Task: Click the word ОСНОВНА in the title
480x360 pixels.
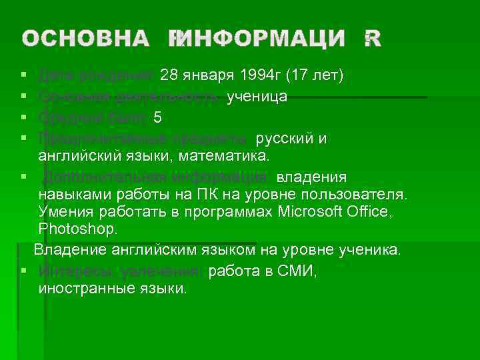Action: (85, 39)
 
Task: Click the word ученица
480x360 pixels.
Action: (257, 97)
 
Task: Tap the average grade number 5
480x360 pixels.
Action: (157, 118)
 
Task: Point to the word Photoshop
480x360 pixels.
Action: (78, 230)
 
